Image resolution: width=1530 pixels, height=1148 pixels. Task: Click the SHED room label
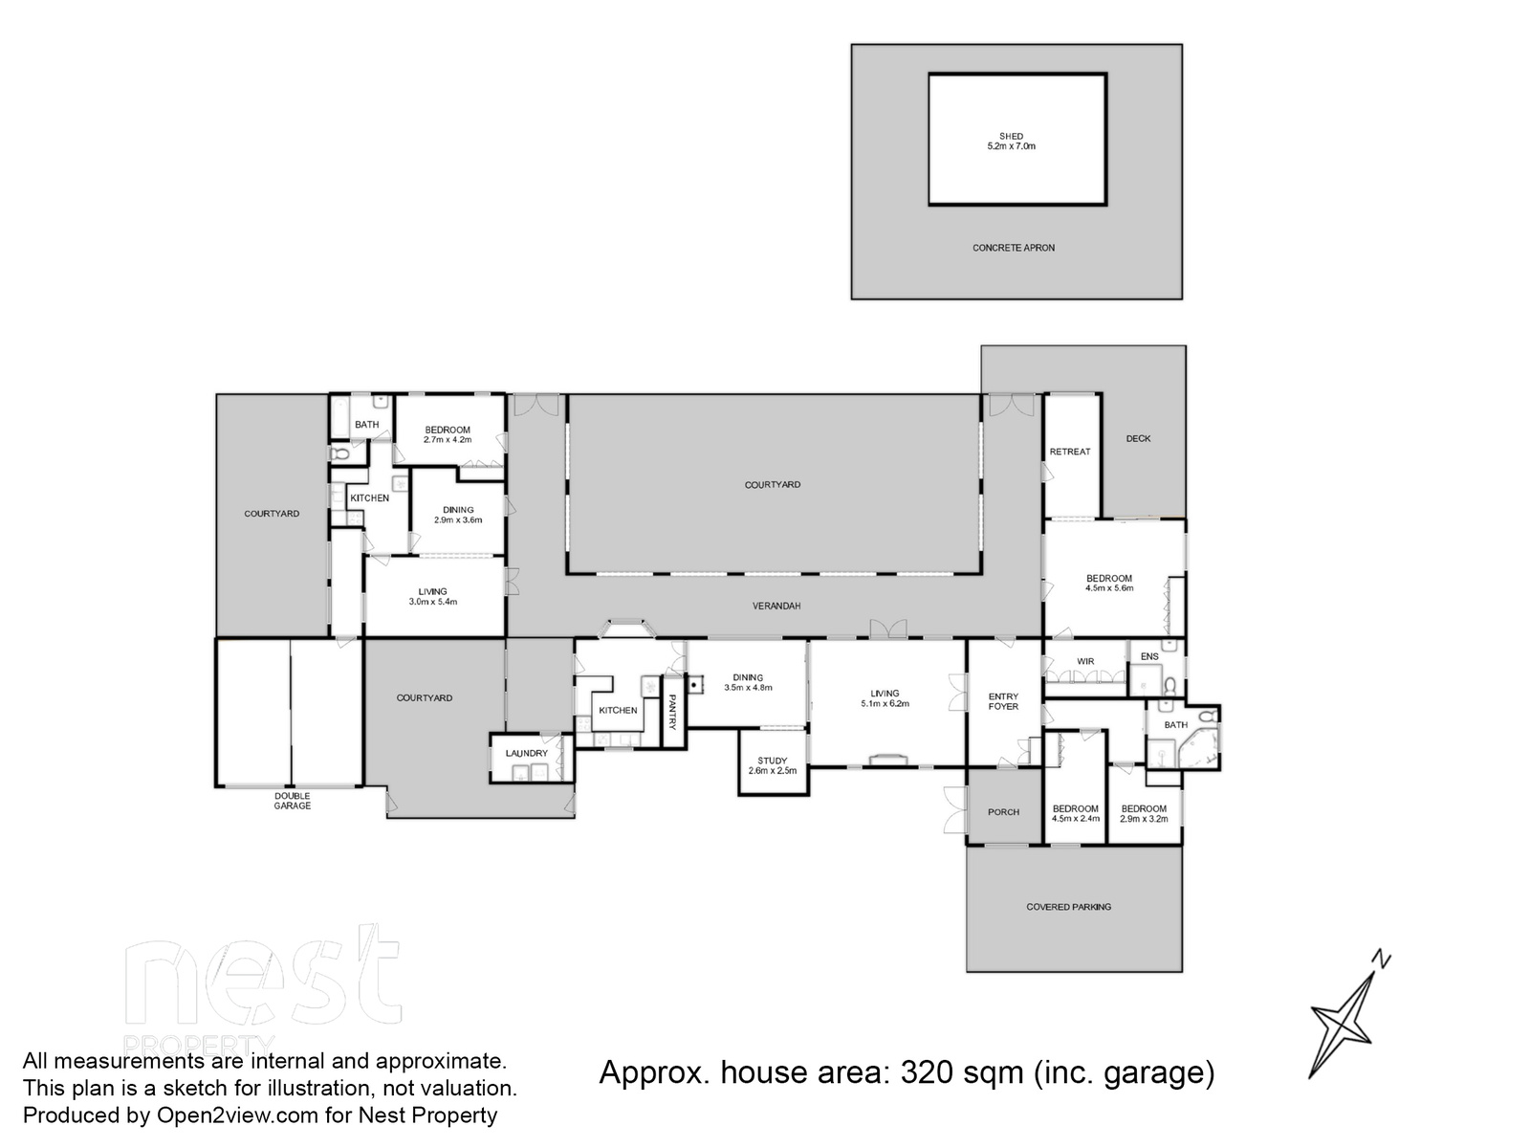coord(1011,137)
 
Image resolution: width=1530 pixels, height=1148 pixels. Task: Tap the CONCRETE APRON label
coord(1014,248)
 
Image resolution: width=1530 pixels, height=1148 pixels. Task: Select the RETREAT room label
coord(1070,452)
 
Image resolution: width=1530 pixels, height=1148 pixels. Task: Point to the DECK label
coord(1138,438)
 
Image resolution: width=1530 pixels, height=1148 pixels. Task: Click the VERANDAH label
coord(776,606)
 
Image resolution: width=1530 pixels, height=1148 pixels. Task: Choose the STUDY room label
coord(773,761)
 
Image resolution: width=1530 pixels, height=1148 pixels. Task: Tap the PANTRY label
coord(672,711)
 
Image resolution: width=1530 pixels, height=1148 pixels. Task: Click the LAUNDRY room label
coord(526,754)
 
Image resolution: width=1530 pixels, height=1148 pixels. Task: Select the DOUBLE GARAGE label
coord(292,801)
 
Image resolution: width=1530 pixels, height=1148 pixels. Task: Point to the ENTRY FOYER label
coord(1003,701)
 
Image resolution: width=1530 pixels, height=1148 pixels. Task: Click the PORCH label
coord(1004,812)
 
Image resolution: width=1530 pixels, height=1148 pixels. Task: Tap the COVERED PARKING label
coord(1068,907)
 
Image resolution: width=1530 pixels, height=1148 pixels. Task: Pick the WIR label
coord(1085,661)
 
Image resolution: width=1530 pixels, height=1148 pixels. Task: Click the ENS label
coord(1149,656)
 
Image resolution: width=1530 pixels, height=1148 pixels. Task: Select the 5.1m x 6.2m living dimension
coord(885,704)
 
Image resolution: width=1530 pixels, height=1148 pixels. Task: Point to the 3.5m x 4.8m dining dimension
coord(748,688)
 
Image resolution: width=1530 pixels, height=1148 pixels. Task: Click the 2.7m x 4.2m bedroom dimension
coord(448,440)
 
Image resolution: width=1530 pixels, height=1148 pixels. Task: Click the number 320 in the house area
coord(927,1072)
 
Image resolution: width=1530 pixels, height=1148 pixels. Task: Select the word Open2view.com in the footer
coord(238,1115)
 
